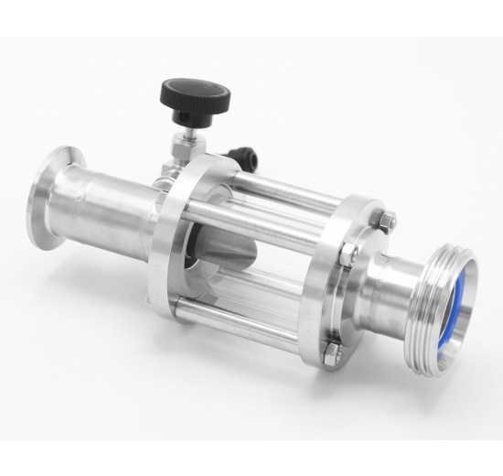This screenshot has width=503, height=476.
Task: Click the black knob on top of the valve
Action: (195, 93)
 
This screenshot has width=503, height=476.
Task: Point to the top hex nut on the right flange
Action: (387, 220)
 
